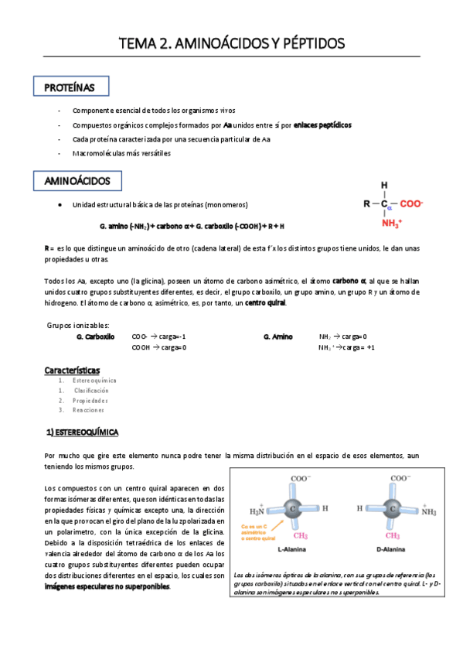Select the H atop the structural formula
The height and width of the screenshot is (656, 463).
click(384, 186)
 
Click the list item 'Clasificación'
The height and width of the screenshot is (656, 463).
click(91, 391)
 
